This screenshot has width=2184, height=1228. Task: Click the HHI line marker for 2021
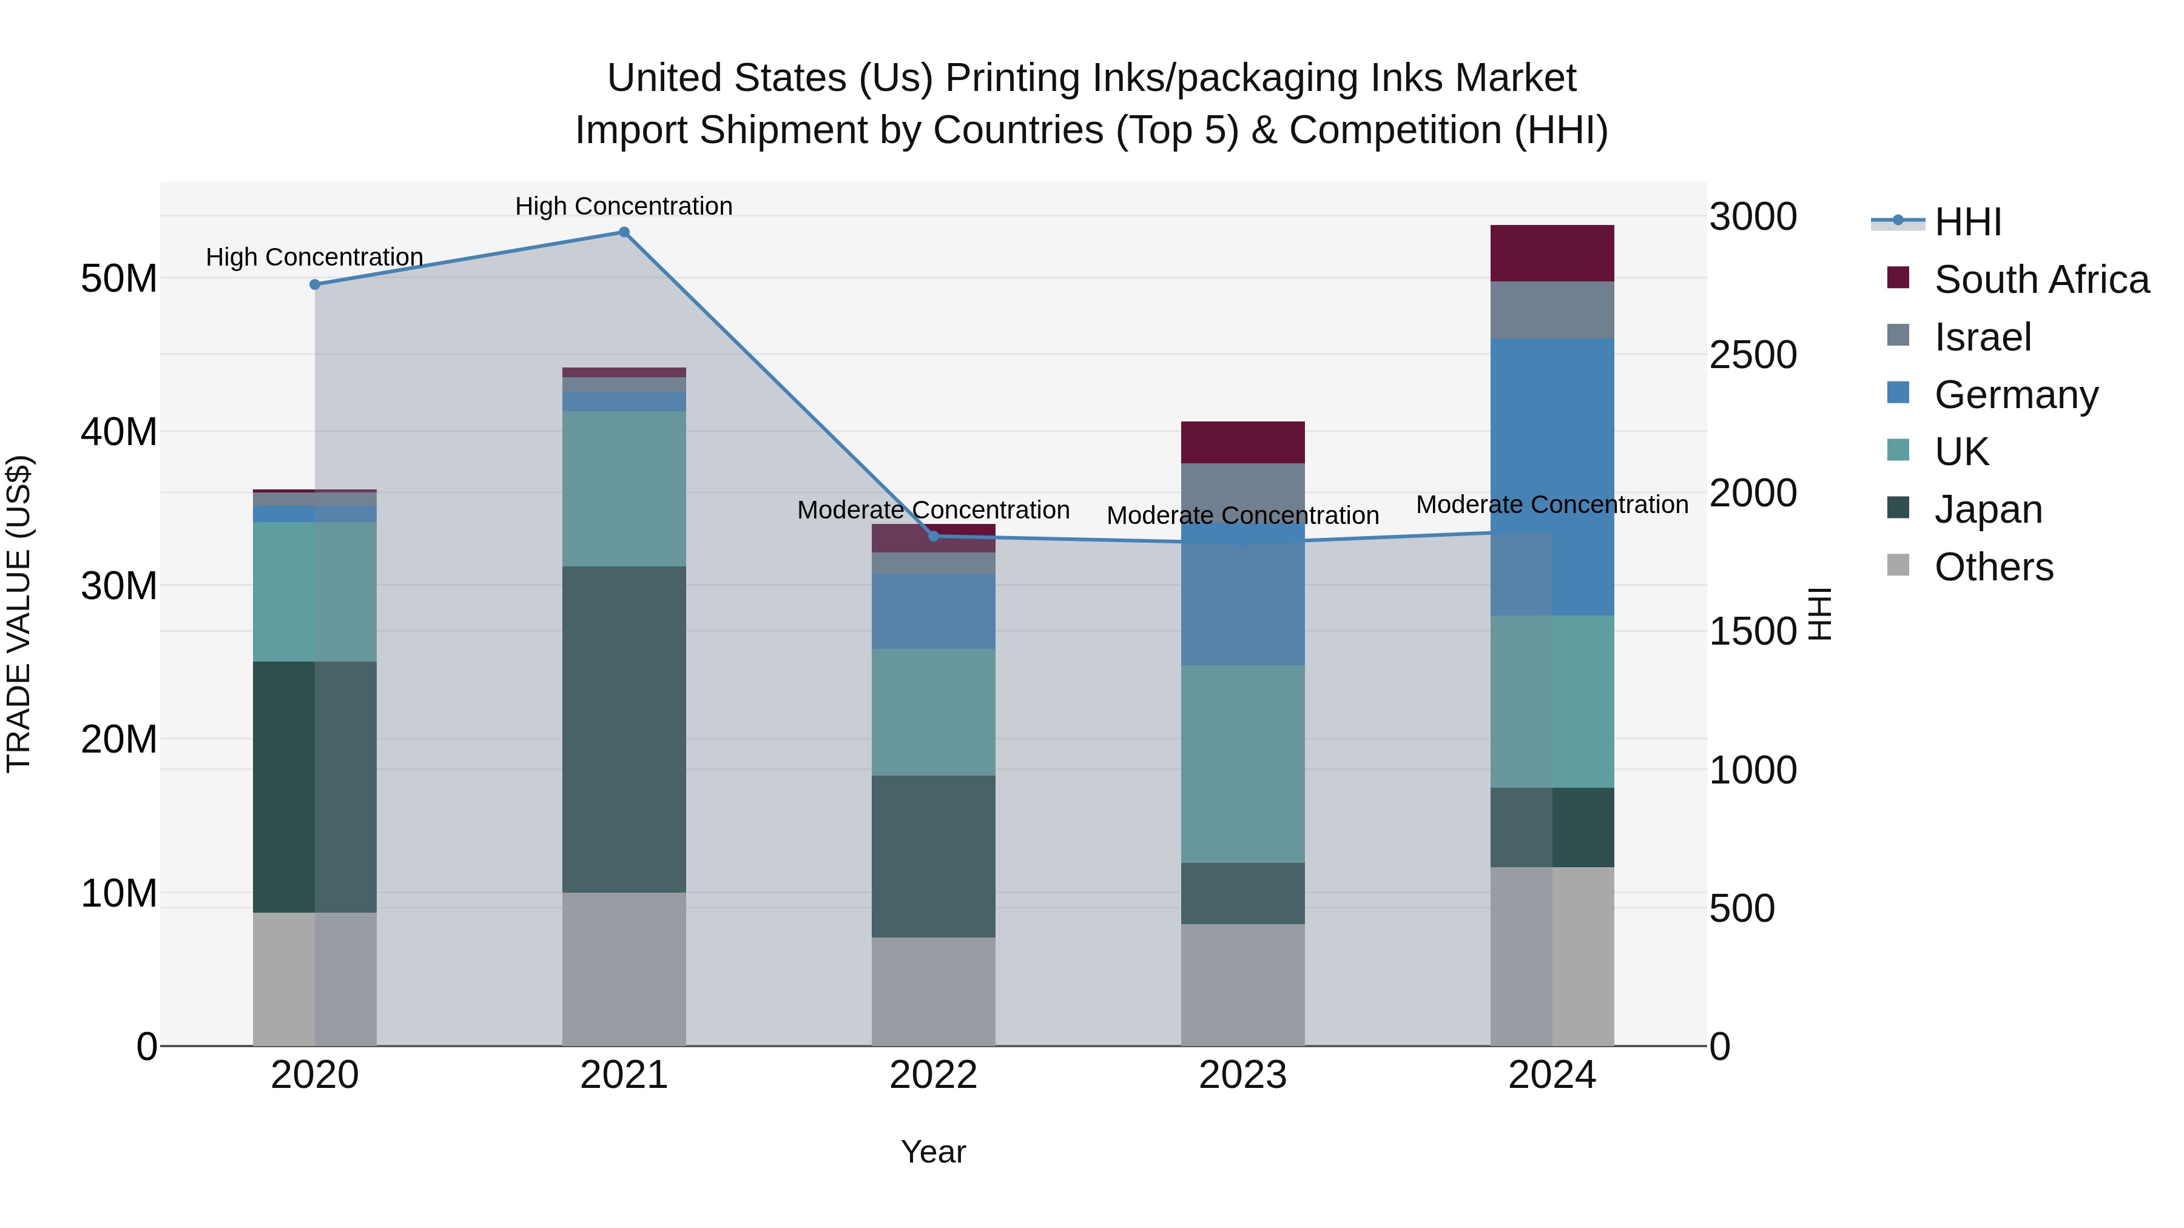pyautogui.click(x=624, y=232)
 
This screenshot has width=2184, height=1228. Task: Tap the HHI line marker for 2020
pyautogui.click(x=314, y=285)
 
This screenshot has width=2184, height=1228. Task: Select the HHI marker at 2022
pyautogui.click(x=934, y=535)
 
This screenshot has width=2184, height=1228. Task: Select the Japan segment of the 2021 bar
pyautogui.click(x=624, y=729)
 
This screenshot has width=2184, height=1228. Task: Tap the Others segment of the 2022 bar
pyautogui.click(x=934, y=991)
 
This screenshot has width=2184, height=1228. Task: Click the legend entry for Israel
pyautogui.click(x=1982, y=337)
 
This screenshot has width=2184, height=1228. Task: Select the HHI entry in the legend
pyautogui.click(x=1967, y=222)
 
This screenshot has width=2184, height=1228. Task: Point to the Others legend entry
pyautogui.click(x=1992, y=567)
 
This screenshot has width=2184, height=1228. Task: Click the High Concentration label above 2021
pyautogui.click(x=624, y=206)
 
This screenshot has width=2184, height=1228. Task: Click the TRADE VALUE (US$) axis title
pyautogui.click(x=19, y=614)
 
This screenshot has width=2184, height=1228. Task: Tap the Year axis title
pyautogui.click(x=934, y=1152)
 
